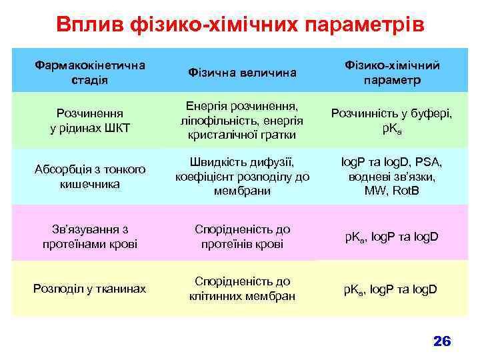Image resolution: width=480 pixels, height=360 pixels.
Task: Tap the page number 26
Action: pos(442,341)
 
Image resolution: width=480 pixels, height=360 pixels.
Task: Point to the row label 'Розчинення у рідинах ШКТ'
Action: pos(90,121)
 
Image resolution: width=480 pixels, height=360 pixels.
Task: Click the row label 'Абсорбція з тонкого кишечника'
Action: pos(90,176)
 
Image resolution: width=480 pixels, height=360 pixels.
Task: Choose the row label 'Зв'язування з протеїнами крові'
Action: pos(90,237)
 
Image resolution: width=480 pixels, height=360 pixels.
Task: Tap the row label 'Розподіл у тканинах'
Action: pos(90,289)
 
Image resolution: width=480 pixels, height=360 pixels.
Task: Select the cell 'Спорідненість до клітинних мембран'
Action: pos(241,289)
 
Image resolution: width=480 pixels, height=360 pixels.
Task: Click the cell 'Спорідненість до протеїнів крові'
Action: pos(241,237)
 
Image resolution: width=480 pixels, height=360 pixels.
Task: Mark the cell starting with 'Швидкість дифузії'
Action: pos(241,176)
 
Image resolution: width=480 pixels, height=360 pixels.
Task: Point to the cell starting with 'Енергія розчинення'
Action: pos(241,121)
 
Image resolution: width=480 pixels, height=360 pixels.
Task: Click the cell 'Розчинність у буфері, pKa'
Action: pos(391,121)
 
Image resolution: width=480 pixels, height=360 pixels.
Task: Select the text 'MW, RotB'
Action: pos(391,191)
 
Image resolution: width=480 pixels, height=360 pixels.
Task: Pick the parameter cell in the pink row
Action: pos(391,237)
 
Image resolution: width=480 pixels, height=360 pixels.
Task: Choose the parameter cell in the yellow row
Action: pos(391,289)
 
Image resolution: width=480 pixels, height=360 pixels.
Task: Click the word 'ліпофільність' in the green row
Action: pos(213,121)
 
